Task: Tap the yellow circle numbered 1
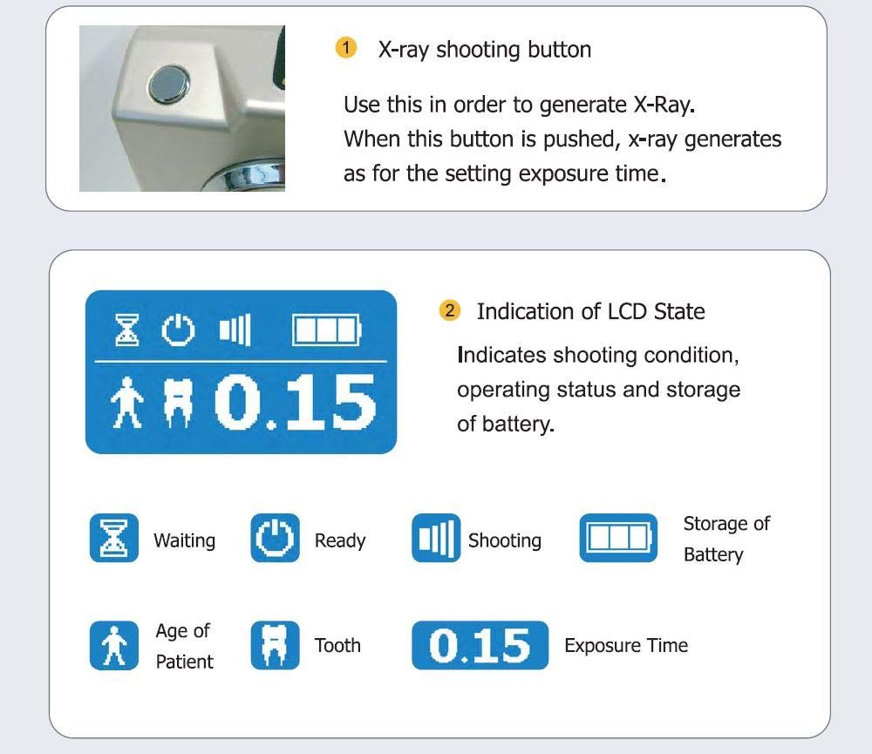tap(346, 48)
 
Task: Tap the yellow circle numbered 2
tap(450, 310)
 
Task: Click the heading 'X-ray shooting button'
tap(484, 49)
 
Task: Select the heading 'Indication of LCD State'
tap(590, 311)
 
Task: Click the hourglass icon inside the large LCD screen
tap(127, 330)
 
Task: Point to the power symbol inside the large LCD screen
tap(178, 330)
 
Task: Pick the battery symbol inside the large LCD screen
tap(326, 330)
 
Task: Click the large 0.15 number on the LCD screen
tap(295, 403)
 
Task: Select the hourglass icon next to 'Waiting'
tap(114, 538)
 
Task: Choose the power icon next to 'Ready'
tap(275, 538)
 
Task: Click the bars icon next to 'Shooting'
tap(435, 538)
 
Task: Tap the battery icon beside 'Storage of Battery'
tap(617, 538)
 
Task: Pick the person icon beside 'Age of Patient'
tap(114, 645)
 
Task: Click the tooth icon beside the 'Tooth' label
tap(275, 645)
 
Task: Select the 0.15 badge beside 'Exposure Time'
tap(480, 645)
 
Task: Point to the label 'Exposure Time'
tap(626, 646)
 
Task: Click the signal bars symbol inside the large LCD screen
tap(235, 330)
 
